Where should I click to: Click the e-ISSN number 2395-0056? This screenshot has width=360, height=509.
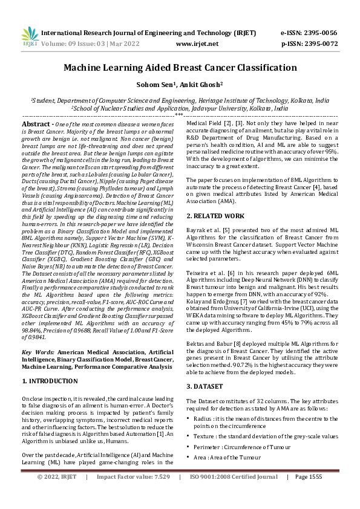click(x=325, y=33)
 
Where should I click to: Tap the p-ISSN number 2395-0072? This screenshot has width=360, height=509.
click(x=325, y=44)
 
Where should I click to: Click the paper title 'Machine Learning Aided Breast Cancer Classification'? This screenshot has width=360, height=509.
click(x=180, y=68)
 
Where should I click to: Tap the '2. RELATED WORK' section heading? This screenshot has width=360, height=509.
click(x=216, y=216)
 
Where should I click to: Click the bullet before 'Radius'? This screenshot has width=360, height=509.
click(x=189, y=418)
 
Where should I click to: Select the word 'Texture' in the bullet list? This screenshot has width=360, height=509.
click(x=206, y=436)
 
